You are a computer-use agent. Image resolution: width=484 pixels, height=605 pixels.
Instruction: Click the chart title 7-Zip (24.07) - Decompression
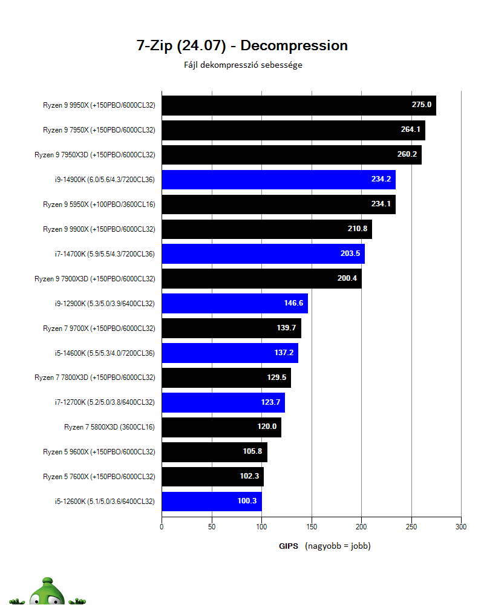pyautogui.click(x=242, y=45)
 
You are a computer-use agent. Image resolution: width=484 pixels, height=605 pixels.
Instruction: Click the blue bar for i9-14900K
pyautogui.click(x=278, y=180)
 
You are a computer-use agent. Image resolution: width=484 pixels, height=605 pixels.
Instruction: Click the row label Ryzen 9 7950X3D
pyautogui.click(x=94, y=155)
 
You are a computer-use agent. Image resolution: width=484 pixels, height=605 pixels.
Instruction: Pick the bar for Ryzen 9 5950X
pyautogui.click(x=278, y=204)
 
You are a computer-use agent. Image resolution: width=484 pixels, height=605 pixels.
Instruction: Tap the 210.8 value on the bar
pyautogui.click(x=357, y=229)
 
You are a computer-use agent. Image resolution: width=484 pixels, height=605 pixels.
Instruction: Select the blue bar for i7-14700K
pyautogui.click(x=263, y=254)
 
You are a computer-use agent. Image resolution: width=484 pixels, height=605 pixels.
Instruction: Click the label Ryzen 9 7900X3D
pyautogui.click(x=94, y=279)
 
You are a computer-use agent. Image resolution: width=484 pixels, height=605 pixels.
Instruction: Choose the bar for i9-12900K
pyautogui.click(x=235, y=304)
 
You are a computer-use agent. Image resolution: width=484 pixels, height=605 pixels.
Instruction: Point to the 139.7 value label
pyautogui.click(x=286, y=329)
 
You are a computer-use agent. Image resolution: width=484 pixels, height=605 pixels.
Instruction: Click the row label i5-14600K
pyautogui.click(x=105, y=353)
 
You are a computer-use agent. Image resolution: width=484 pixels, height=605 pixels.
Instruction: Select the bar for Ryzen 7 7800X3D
pyautogui.click(x=226, y=378)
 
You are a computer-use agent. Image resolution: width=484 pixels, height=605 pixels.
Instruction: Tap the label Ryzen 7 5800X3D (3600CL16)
pyautogui.click(x=110, y=427)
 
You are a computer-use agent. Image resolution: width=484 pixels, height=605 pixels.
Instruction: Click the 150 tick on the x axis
pyautogui.click(x=312, y=527)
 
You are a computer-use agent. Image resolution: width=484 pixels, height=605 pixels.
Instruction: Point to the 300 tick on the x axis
pyautogui.click(x=461, y=527)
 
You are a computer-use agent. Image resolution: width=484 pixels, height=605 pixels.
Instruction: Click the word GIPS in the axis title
pyautogui.click(x=288, y=546)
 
